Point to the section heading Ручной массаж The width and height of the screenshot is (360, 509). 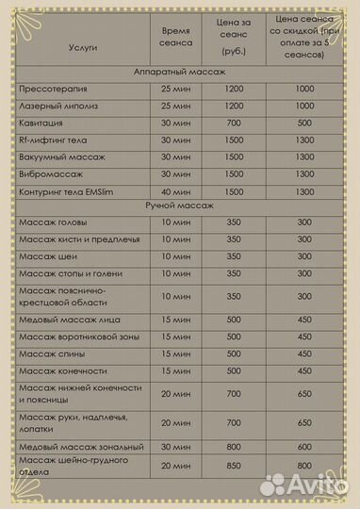click(x=179, y=205)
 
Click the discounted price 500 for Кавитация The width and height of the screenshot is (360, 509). click(x=303, y=122)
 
